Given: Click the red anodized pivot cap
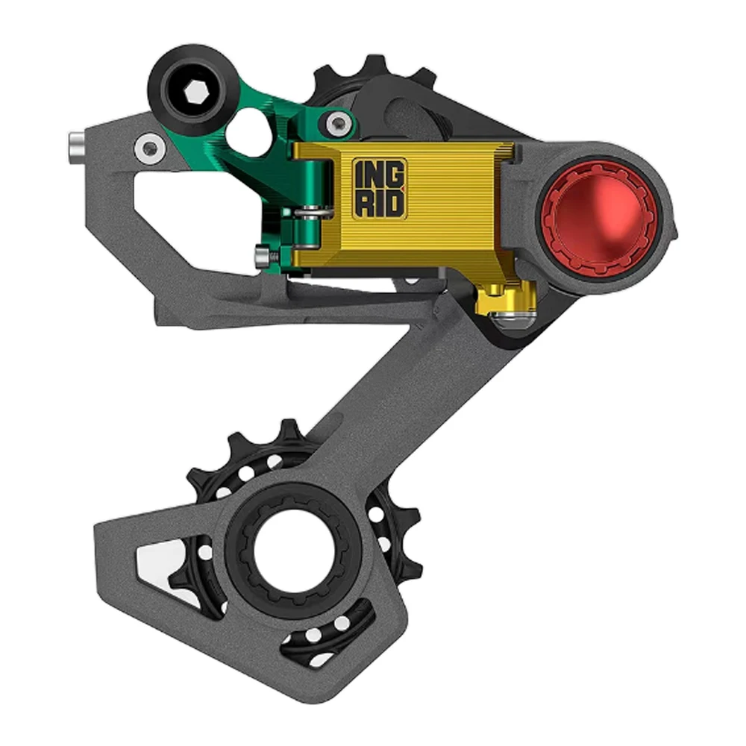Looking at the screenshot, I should (x=597, y=219).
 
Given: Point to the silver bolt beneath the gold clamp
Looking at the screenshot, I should (x=513, y=320).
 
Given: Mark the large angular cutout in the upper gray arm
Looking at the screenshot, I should (x=194, y=209).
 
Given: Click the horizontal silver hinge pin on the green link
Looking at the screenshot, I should (x=310, y=213).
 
